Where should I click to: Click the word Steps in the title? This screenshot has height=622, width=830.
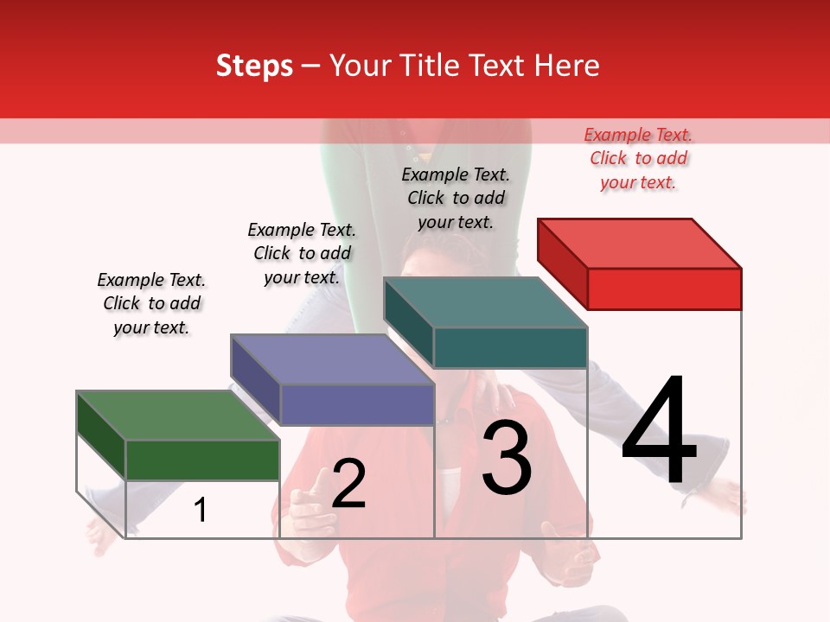click(254, 66)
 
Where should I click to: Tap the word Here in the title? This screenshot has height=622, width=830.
click(566, 66)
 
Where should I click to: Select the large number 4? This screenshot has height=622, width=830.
click(659, 432)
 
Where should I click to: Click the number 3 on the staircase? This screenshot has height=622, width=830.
click(507, 458)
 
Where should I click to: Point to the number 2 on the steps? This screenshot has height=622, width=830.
click(348, 484)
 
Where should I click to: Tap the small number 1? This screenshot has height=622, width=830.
click(201, 511)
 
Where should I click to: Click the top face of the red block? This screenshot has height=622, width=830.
click(640, 244)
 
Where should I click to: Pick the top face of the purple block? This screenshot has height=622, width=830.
click(332, 359)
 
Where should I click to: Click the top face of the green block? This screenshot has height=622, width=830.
click(178, 416)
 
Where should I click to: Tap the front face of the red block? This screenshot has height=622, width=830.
click(664, 289)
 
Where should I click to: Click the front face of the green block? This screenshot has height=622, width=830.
click(202, 460)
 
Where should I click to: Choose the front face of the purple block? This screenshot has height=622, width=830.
click(356, 404)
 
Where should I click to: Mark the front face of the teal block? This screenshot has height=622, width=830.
click(510, 347)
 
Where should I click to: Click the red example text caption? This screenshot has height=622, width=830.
click(638, 158)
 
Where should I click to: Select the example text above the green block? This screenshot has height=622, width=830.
click(151, 303)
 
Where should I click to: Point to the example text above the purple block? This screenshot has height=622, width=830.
click(302, 253)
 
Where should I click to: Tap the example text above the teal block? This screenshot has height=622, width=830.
click(456, 198)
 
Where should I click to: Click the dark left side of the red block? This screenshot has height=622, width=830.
click(562, 263)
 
